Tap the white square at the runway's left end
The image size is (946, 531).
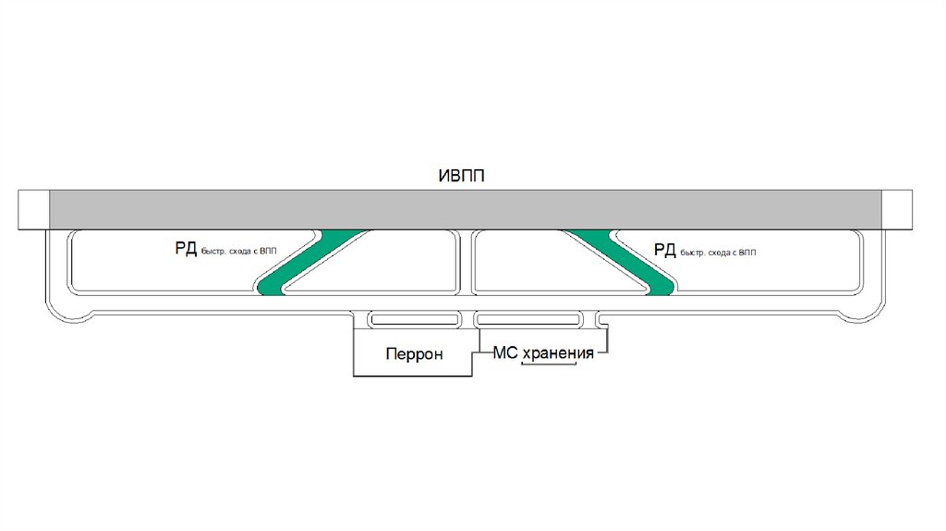pyautogui.click(x=33, y=209)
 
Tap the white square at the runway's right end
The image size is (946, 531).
pyautogui.click(x=896, y=209)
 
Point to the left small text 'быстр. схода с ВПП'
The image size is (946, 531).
pyautogui.click(x=239, y=251)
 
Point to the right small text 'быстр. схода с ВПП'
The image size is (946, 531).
pyautogui.click(x=722, y=253)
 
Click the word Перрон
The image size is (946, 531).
pyautogui.click(x=415, y=354)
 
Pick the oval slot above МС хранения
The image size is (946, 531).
pyautogui.click(x=528, y=320)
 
